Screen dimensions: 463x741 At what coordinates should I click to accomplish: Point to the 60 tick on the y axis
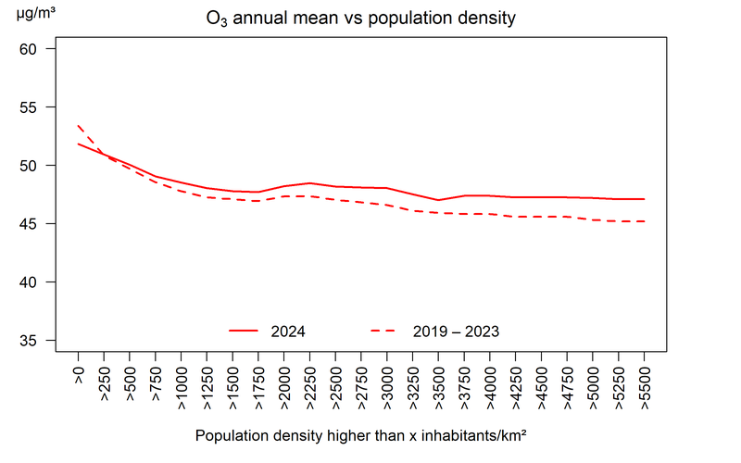pyautogui.click(x=28, y=49)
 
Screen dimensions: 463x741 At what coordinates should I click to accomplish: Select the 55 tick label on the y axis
pyautogui.click(x=28, y=107)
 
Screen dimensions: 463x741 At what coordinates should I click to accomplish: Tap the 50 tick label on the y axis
pyautogui.click(x=28, y=166)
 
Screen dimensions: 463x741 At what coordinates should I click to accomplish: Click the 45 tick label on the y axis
pyautogui.click(x=28, y=224)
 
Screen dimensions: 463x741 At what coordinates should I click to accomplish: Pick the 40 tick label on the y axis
pyautogui.click(x=28, y=282)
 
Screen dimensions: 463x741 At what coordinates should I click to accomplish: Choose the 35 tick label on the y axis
pyautogui.click(x=28, y=341)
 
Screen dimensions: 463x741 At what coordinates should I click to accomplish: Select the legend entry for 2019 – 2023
pyautogui.click(x=435, y=331)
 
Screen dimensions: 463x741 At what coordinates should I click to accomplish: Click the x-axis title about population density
pyautogui.click(x=361, y=434)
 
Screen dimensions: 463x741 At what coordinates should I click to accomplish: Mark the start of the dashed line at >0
pyautogui.click(x=79, y=126)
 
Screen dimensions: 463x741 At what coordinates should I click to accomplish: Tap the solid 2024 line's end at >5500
pyautogui.click(x=645, y=199)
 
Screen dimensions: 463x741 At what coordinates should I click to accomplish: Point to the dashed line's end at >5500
pyautogui.click(x=645, y=221)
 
